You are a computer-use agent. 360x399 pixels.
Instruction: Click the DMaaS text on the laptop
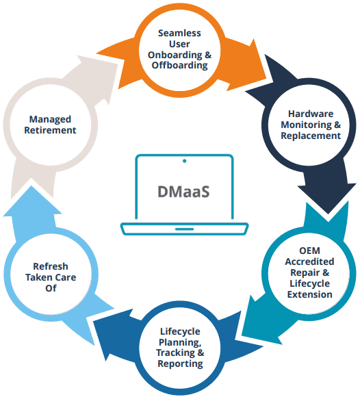[x=183, y=192]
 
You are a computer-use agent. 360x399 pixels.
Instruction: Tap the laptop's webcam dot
[x=185, y=161]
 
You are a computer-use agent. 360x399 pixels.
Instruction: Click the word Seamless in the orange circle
[x=179, y=33]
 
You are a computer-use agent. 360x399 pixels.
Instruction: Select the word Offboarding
[x=179, y=66]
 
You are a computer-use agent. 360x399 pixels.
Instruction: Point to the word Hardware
[x=311, y=114]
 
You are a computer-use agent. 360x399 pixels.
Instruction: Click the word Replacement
[x=311, y=136]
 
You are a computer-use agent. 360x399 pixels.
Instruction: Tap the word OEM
[x=309, y=250]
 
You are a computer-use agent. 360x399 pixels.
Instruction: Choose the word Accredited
[x=309, y=261]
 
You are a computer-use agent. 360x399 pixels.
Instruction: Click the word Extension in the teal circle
[x=309, y=294]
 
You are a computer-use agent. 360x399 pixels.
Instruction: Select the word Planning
[x=180, y=342]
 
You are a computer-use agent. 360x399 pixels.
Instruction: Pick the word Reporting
[x=180, y=364]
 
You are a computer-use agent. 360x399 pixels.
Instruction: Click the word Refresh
[x=51, y=266]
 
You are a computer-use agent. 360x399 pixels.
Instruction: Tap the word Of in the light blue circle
[x=51, y=288]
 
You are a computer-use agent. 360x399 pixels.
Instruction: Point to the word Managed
[x=50, y=119]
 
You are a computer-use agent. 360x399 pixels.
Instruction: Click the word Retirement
[x=50, y=130]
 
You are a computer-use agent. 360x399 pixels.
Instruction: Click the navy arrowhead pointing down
[x=327, y=198]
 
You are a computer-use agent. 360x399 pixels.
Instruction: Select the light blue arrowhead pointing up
[x=32, y=201]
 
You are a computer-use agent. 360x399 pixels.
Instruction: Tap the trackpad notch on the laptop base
[x=184, y=229]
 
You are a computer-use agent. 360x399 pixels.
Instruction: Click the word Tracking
[x=180, y=353]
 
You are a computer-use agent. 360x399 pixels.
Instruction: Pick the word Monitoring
[x=311, y=125]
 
